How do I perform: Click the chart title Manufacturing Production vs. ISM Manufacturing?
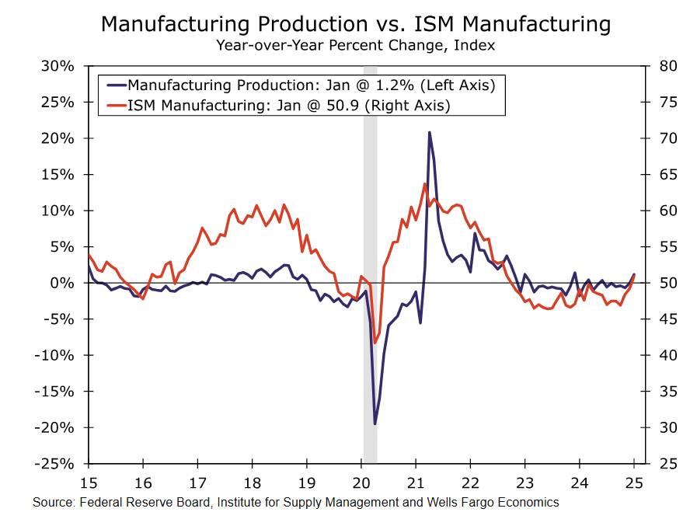click(356, 24)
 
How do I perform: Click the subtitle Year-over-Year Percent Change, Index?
click(356, 45)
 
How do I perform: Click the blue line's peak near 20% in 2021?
click(429, 132)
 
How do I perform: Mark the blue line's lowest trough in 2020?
click(375, 423)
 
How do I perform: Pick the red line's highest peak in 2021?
click(424, 183)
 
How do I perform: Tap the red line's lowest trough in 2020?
click(375, 343)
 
